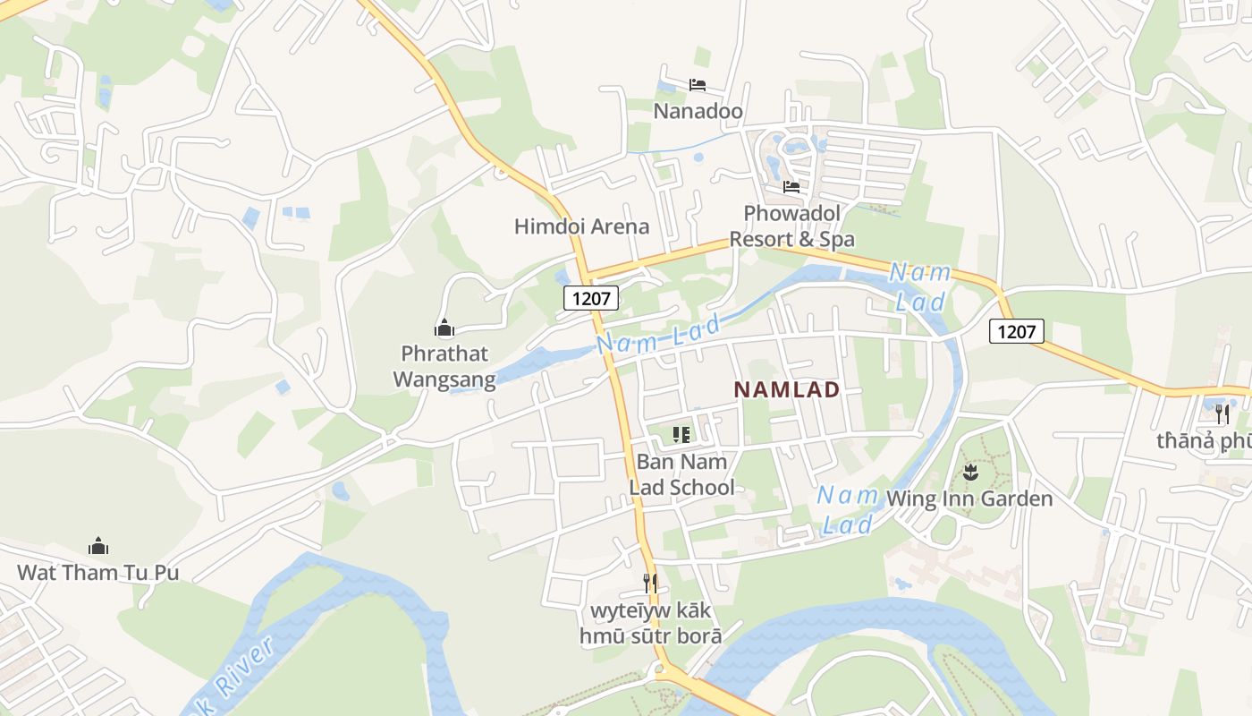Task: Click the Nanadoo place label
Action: [x=698, y=112]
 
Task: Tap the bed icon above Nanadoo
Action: [x=698, y=85]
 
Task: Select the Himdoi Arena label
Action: [x=581, y=226]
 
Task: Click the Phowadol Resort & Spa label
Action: [x=791, y=226]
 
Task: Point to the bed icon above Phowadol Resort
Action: [x=791, y=187]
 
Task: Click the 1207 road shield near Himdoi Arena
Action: [x=591, y=298]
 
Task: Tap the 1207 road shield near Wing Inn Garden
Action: [x=1017, y=332]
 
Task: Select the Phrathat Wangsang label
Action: [x=444, y=366]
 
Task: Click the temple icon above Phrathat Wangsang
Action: [x=444, y=328]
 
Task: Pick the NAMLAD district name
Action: [x=787, y=390]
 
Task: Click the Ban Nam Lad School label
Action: [x=681, y=474]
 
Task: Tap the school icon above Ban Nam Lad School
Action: [x=681, y=436]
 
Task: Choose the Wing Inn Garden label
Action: [x=969, y=499]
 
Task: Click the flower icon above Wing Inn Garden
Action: [x=969, y=470]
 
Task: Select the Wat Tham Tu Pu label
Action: [x=98, y=573]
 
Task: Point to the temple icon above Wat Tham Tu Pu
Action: [x=98, y=545]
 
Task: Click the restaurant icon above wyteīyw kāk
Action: [x=650, y=584]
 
